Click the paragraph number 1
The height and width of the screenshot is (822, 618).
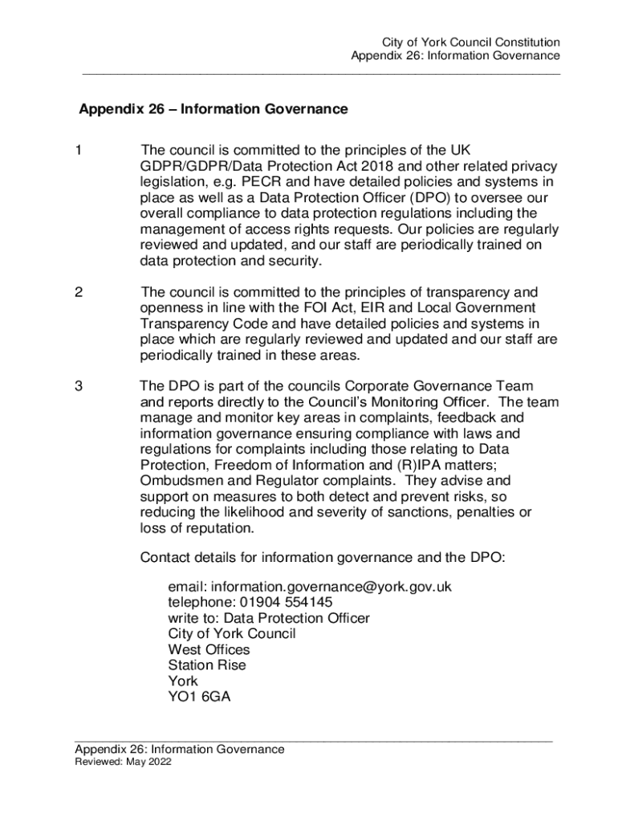pos(79,151)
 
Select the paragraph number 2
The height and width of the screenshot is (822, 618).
pos(79,292)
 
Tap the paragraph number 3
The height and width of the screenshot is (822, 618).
pos(79,387)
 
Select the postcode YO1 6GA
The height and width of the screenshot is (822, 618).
pos(199,697)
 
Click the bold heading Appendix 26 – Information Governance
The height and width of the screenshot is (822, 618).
pos(213,109)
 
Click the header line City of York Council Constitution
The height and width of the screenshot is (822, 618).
pos(470,43)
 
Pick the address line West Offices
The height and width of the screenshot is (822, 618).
pos(209,649)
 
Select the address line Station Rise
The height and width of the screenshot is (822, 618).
pos(207,665)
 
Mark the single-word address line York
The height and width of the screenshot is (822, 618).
pos(182,681)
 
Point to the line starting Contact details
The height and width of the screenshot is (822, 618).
pos(323,557)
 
